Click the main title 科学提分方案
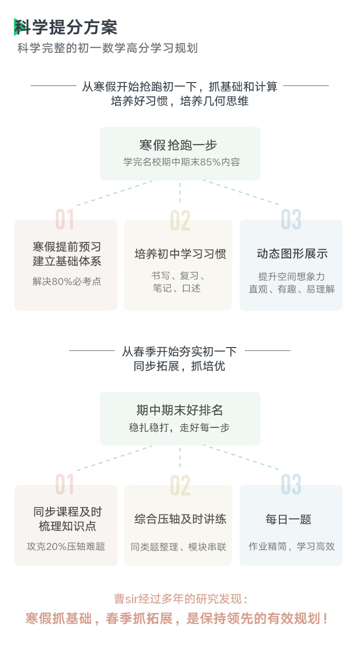pos(66,27)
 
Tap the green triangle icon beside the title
pos(16,27)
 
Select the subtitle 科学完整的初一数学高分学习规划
pos(108,48)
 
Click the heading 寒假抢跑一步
pos(178,145)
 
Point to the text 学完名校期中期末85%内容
pos(181,162)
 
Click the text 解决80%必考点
pos(67,281)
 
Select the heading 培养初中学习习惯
pos(180,254)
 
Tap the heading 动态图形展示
pos(292,254)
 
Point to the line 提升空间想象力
pos(291,276)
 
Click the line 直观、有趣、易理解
pos(291,289)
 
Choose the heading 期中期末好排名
pos(180,410)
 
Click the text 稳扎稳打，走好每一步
pos(180,427)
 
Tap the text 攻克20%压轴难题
pos(66,546)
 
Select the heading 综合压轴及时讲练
pos(180,519)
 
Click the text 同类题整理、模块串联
pos(178,547)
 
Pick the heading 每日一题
pos(288,519)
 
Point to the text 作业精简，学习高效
pos(291,546)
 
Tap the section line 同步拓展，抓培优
pos(180,366)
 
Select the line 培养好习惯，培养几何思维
pos(180,101)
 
